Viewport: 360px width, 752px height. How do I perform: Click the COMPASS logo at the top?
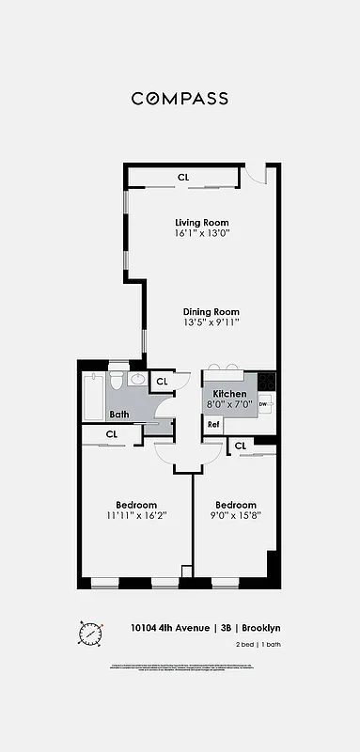pyautogui.click(x=180, y=98)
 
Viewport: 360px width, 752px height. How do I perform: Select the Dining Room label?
pyautogui.click(x=211, y=312)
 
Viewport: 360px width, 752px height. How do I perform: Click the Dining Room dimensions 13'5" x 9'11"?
pyautogui.click(x=211, y=322)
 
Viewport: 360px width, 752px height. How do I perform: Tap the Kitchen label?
pyautogui.click(x=229, y=394)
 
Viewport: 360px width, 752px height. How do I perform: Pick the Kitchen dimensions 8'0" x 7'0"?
pyautogui.click(x=229, y=404)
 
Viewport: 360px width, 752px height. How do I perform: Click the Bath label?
pyautogui.click(x=119, y=415)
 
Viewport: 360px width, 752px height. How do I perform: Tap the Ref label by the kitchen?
pyautogui.click(x=213, y=425)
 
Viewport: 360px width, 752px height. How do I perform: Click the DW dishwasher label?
pyautogui.click(x=262, y=405)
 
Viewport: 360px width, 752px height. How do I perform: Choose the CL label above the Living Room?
pyautogui.click(x=182, y=177)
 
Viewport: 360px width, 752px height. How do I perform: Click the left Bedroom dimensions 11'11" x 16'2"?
pyautogui.click(x=136, y=515)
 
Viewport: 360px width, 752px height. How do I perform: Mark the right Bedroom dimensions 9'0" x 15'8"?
pyautogui.click(x=235, y=515)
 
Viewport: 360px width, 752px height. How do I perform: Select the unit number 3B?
pyautogui.click(x=226, y=628)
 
